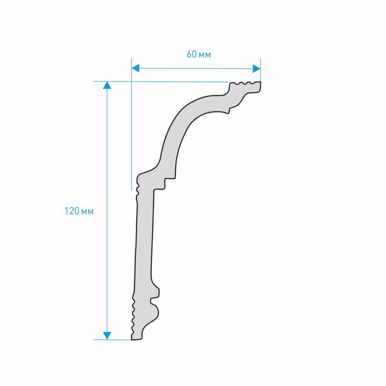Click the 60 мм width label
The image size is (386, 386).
(199, 54)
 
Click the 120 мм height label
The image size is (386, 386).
(79, 211)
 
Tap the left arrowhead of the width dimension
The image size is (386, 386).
(135, 68)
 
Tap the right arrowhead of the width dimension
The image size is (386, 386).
(257, 68)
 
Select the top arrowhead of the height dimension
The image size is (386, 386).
(107, 85)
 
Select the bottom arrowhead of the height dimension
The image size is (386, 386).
(107, 335)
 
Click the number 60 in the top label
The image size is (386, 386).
(192, 54)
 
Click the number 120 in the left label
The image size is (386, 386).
(72, 211)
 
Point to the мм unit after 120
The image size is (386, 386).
(87, 212)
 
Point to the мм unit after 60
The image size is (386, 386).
(205, 55)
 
